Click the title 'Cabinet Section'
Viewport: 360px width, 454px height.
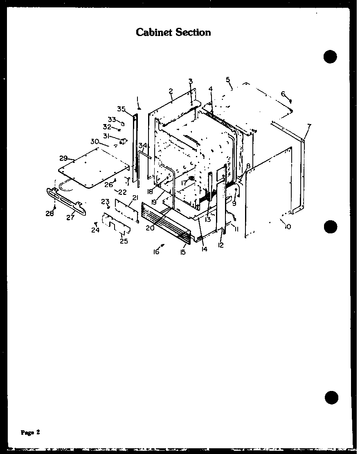[173, 32]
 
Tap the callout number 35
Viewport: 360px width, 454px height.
[121, 108]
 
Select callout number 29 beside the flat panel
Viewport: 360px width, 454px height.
[63, 158]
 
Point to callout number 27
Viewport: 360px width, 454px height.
[70, 217]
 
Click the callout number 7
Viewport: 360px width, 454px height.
[309, 126]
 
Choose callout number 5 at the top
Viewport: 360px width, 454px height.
[228, 79]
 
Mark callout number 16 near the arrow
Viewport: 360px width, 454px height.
[156, 252]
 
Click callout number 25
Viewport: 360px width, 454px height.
[124, 241]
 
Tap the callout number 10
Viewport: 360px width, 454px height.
[288, 226]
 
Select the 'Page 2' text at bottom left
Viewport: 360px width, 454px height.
[31, 432]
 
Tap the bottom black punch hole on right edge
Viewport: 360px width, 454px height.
[332, 397]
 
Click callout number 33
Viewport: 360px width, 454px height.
[112, 119]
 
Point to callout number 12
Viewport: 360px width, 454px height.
[221, 245]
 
